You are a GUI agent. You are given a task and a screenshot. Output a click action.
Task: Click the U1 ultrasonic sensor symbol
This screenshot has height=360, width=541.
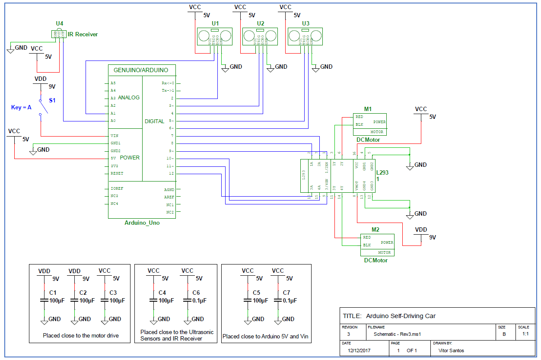click(215, 36)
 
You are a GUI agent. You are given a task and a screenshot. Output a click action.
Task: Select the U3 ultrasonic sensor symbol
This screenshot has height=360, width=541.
click(306, 36)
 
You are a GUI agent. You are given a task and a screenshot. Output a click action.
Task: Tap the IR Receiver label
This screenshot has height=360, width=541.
click(83, 34)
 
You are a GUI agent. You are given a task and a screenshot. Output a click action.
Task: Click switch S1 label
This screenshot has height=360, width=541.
click(52, 100)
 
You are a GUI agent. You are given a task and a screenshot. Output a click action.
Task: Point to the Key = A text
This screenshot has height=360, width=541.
click(21, 107)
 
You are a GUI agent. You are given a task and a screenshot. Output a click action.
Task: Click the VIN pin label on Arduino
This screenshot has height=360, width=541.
click(114, 135)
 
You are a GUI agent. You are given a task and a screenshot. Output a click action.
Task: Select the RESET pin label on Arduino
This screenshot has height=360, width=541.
click(117, 173)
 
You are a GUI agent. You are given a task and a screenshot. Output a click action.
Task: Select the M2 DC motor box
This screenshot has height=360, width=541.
click(377, 245)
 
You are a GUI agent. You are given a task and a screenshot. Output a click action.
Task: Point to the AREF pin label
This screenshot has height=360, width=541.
click(169, 197)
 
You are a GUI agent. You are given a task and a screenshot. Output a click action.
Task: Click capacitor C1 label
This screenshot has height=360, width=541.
click(53, 293)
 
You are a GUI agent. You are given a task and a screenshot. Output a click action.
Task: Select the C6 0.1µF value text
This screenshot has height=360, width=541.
click(199, 300)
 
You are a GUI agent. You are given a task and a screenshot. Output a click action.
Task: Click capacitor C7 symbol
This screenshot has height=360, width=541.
click(277, 300)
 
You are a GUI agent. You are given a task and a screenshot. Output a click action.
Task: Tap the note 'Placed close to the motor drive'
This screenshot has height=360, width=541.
click(80, 335)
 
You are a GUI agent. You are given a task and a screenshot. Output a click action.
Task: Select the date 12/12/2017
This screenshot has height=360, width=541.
click(360, 350)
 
